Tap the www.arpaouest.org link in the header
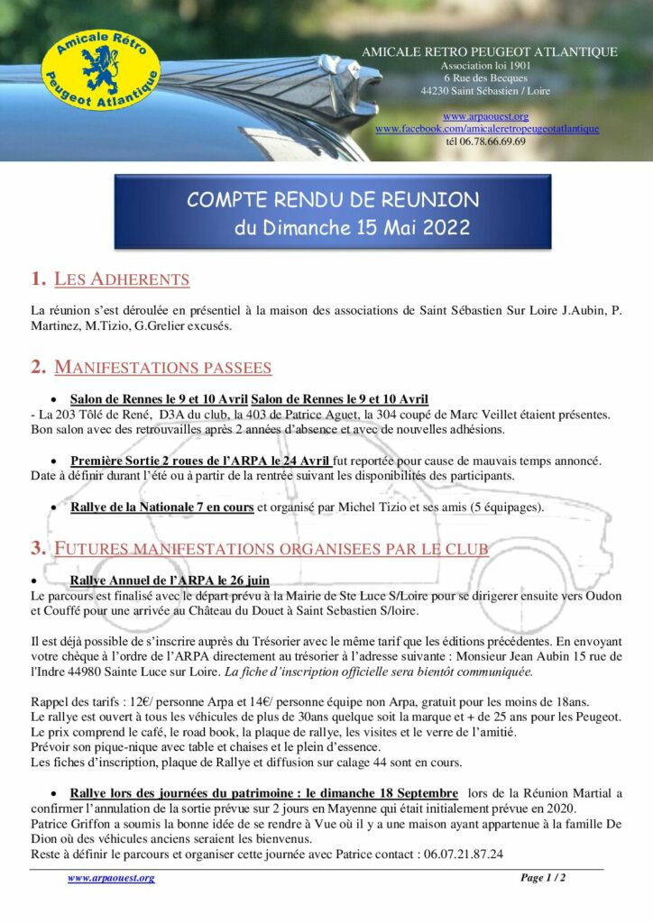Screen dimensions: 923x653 coord(485,116)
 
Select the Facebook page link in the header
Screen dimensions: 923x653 coord(487,129)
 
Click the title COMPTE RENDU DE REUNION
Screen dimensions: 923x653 coord(333,199)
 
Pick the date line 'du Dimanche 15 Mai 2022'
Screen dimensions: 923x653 coord(352,227)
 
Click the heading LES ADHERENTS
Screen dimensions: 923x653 coord(122,279)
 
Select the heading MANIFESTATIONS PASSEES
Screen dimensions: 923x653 coord(162,367)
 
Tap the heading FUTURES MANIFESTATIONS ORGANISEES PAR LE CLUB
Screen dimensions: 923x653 coord(271,548)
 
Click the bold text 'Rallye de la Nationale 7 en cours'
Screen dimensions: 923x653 coord(161,507)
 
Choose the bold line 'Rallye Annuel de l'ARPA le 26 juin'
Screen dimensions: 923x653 coord(169,580)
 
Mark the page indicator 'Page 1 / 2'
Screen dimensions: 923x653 coord(543,878)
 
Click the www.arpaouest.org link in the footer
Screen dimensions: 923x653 coord(111,878)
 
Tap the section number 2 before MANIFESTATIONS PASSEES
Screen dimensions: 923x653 coord(37,367)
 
